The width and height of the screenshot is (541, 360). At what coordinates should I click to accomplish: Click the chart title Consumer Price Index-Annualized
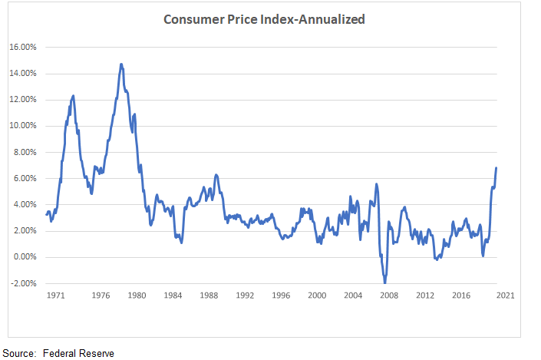pos(264,18)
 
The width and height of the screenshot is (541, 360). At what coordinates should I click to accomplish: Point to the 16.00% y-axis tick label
pos(23,47)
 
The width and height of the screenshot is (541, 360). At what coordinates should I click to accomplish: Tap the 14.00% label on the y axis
pos(23,74)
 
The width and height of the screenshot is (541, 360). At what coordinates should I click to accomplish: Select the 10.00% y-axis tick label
pos(23,126)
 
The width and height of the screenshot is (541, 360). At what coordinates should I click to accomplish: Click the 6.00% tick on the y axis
pos(25,178)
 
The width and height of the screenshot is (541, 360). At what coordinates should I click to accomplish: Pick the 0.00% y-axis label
pos(25,257)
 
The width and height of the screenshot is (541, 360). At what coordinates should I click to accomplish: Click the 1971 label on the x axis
pos(54,295)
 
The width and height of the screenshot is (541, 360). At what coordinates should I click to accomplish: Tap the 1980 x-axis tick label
pos(137,295)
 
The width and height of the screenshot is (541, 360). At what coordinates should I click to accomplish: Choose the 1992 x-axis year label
pos(245,295)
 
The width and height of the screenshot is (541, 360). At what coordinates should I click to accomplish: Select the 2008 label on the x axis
pos(389,295)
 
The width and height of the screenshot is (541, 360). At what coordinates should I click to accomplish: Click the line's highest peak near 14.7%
pos(121,64)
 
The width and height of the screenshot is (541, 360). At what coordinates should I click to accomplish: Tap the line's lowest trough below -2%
pos(384,282)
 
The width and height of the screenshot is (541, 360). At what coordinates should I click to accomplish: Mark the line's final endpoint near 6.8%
pos(496,167)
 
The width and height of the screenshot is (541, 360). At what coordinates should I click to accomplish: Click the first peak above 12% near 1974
pos(73,96)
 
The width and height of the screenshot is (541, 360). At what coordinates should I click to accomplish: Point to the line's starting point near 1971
pos(46,214)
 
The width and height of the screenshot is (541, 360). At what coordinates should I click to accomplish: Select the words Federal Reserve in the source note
pos(78,353)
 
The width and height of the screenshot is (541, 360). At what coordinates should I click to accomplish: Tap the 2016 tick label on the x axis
pos(460,295)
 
